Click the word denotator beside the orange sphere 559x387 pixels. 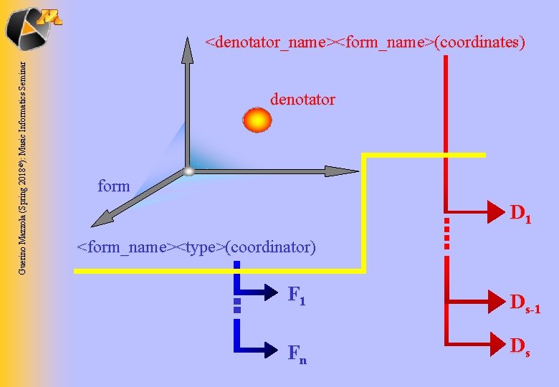click(x=302, y=100)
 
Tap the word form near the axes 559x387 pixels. click(x=113, y=186)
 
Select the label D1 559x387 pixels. click(x=520, y=214)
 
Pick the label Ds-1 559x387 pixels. click(x=525, y=306)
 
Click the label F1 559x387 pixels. click(x=297, y=295)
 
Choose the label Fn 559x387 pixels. click(x=297, y=353)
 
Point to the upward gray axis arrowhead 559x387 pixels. click(x=187, y=49)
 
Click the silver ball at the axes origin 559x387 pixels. click(x=188, y=171)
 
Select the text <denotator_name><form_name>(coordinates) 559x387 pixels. click(x=365, y=42)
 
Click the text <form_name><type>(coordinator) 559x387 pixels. click(x=196, y=248)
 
